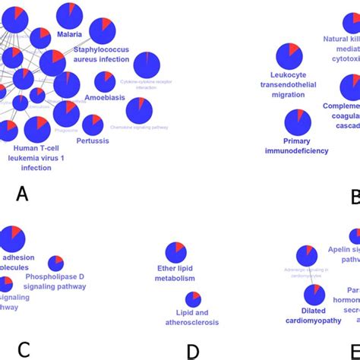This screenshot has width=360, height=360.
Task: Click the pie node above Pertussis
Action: point(93,125)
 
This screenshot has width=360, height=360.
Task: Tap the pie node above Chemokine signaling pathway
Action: point(139,111)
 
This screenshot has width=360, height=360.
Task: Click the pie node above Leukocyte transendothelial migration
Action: point(289,56)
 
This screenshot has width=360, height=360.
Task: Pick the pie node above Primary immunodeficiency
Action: point(297,122)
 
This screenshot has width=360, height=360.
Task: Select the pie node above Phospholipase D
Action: point(55,264)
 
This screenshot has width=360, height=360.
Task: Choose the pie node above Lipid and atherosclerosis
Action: point(192,299)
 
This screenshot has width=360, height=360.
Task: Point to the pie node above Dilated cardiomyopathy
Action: point(314,294)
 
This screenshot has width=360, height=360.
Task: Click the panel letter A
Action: point(22,194)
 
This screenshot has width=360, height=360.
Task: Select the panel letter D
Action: point(193,351)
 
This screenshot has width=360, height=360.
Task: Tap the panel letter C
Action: point(24,349)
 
